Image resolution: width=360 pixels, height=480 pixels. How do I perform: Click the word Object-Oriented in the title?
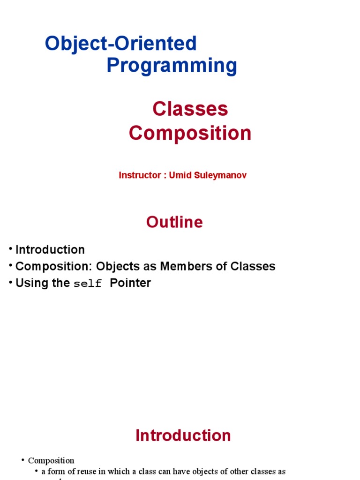click(121, 44)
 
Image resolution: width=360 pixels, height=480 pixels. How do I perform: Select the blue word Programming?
click(172, 66)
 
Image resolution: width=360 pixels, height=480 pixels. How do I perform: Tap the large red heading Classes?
click(190, 109)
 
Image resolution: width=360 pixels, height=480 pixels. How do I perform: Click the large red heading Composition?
click(190, 133)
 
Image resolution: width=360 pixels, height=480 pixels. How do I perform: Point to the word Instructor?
click(139, 175)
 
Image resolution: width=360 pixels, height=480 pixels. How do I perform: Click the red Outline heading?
click(174, 222)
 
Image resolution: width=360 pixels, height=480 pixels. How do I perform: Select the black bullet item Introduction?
click(50, 249)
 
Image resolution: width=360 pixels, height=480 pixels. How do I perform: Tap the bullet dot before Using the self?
click(10, 283)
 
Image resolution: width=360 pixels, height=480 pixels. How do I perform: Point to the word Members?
click(187, 266)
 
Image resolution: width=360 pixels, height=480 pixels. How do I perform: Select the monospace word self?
click(88, 284)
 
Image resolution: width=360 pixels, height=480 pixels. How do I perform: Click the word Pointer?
click(130, 283)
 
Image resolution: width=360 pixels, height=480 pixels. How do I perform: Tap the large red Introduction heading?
click(183, 435)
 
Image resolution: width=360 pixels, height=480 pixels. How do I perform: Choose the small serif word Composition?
click(51, 460)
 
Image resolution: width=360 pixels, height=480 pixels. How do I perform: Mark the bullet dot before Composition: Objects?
click(10, 266)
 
